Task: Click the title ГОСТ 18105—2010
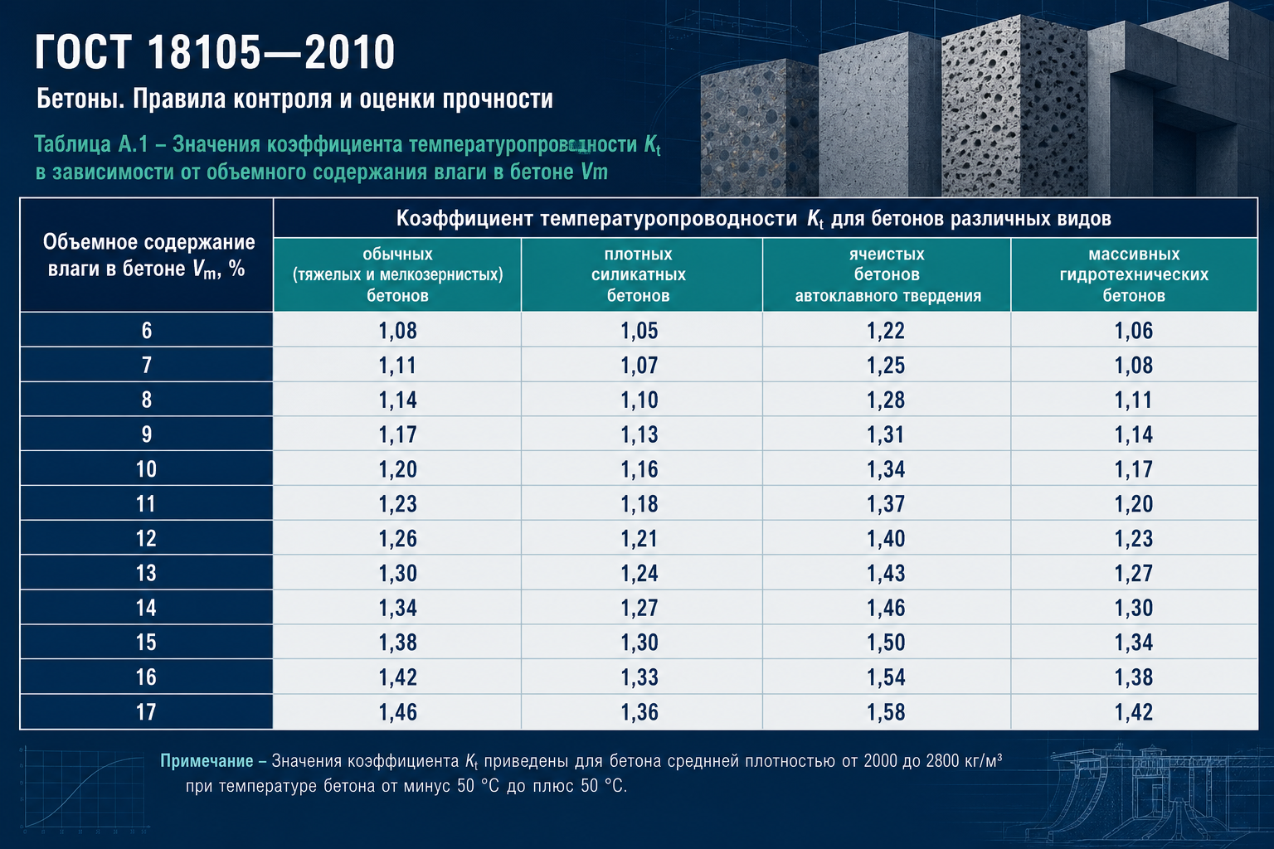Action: click(x=215, y=51)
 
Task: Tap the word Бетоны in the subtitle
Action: click(x=80, y=99)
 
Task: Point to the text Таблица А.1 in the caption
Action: click(x=91, y=144)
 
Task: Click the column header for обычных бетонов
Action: click(x=397, y=274)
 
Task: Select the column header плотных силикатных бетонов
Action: click(x=638, y=274)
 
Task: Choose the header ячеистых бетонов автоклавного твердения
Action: click(x=887, y=274)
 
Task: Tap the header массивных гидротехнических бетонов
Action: click(x=1134, y=274)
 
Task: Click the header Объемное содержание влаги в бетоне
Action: click(x=148, y=255)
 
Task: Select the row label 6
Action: click(x=147, y=330)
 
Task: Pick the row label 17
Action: click(x=146, y=712)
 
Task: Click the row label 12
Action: click(x=146, y=539)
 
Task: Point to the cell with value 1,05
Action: click(x=639, y=330)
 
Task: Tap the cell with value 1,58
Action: click(x=886, y=712)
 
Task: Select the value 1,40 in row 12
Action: click(x=886, y=539)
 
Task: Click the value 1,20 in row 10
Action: click(x=397, y=469)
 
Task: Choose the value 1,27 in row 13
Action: click(x=1134, y=573)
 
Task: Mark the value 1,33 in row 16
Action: click(x=639, y=677)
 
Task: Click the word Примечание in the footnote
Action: click(x=207, y=761)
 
